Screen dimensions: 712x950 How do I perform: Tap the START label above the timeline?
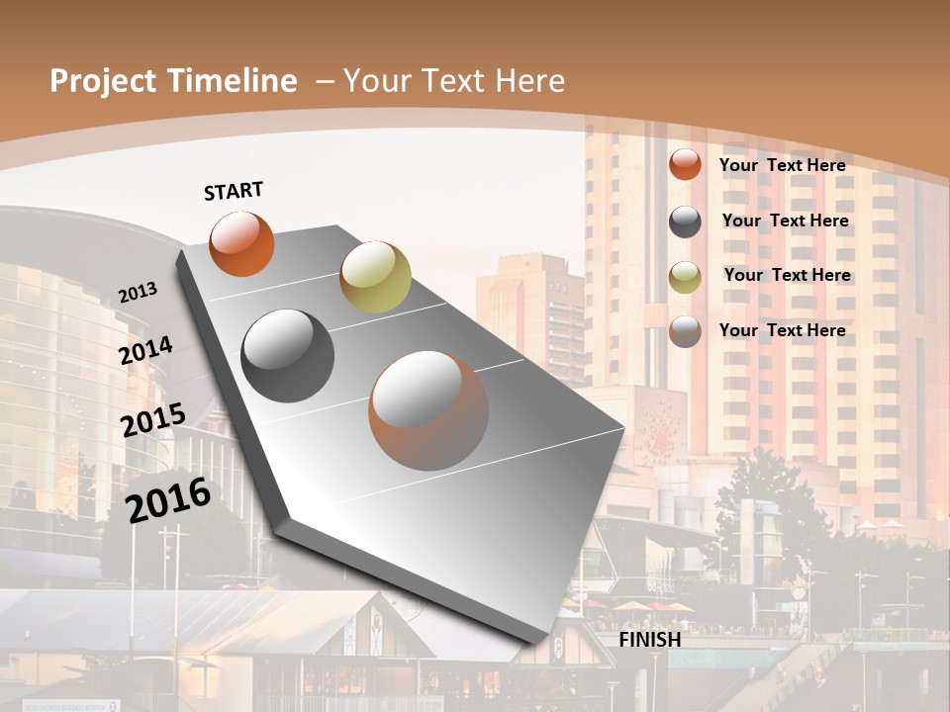pos(234,191)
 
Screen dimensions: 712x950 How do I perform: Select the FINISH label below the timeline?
pos(650,640)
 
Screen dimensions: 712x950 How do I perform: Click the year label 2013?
pos(139,293)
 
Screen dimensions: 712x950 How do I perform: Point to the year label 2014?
pos(146,351)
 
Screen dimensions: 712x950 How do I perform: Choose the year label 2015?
pos(153,420)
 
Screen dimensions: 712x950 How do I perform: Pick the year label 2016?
pos(168,499)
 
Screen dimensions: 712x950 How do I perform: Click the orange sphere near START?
pos(241,243)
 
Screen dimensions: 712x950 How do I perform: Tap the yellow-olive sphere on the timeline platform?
pos(375,277)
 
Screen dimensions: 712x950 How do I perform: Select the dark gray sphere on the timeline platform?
pos(288,356)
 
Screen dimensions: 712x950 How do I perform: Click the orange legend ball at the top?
pos(685,164)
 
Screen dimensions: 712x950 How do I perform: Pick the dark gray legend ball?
pos(685,222)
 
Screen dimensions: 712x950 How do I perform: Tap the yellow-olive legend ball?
pos(685,277)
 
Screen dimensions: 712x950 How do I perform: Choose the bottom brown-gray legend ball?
pos(685,331)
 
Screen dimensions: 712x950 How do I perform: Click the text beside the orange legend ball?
pos(783,165)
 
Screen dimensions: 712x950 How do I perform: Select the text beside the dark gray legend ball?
pos(786,221)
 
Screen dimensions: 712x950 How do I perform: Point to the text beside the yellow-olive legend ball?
pos(788,275)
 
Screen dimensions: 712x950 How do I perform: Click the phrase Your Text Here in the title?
pos(454,81)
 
